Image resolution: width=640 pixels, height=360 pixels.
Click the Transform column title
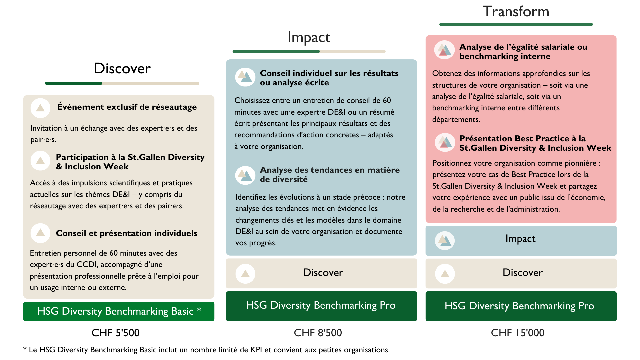(516, 12)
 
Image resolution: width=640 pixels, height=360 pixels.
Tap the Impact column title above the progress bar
(309, 37)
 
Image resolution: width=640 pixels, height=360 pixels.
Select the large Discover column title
(122, 68)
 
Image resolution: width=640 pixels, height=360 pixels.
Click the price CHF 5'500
(115, 333)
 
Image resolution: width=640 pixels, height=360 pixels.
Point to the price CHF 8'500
(318, 333)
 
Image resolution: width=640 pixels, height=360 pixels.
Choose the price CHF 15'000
(517, 333)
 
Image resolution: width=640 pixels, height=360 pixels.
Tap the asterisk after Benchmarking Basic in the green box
(199, 310)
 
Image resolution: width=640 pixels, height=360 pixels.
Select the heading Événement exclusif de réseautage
(127, 107)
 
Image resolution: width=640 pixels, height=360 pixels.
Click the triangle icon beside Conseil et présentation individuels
(40, 233)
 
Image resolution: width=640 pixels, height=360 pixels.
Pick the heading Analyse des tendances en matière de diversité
(329, 174)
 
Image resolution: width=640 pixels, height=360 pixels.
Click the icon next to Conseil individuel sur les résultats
(245, 77)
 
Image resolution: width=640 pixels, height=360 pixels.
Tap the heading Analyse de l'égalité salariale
(523, 51)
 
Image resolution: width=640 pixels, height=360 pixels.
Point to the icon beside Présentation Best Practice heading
(445, 142)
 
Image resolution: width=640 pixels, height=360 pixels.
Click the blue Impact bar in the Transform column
(521, 240)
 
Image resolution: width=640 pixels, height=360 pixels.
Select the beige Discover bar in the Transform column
(521, 273)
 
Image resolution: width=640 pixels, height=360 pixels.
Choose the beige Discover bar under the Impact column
(321, 273)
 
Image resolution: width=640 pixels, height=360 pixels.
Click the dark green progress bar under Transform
(516, 24)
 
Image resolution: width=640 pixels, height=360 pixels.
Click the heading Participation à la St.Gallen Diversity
(130, 162)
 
